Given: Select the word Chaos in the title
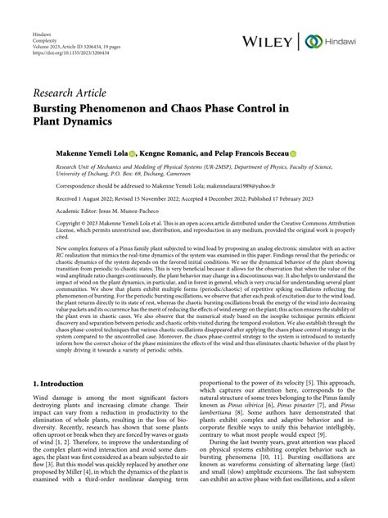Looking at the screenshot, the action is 214,107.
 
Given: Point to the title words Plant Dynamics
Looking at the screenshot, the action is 94,122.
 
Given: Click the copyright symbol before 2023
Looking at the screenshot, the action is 64,223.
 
